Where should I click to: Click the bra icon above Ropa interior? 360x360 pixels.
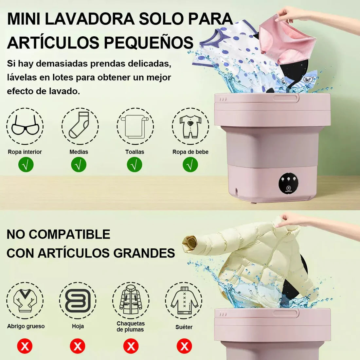click(x=25, y=126)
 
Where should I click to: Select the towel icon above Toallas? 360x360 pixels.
click(x=135, y=126)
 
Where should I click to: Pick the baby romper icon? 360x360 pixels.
click(x=190, y=126)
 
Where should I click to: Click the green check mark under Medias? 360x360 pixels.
click(x=79, y=165)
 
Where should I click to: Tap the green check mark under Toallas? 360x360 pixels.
click(x=135, y=165)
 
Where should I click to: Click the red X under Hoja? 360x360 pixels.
click(x=78, y=346)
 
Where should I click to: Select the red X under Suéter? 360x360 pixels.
click(x=184, y=346)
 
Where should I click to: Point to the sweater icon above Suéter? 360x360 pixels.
click(x=184, y=300)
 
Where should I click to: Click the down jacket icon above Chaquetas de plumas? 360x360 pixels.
click(x=131, y=299)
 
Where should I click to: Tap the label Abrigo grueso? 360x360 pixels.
click(x=26, y=326)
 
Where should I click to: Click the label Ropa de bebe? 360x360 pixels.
click(x=190, y=152)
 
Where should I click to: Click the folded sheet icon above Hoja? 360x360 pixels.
click(x=78, y=300)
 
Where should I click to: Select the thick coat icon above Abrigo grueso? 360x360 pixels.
click(x=25, y=300)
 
